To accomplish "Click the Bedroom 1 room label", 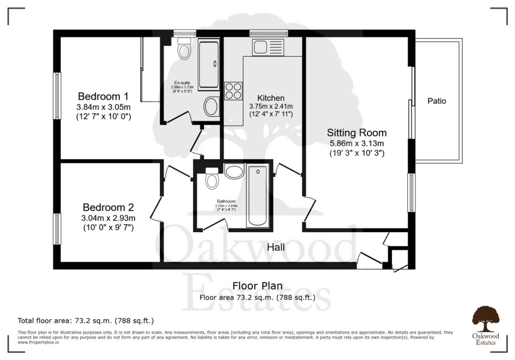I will click(103, 96).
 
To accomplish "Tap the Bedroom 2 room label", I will click(108, 207).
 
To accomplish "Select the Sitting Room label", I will click(357, 133).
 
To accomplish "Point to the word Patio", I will click(437, 101).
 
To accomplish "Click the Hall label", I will click(276, 247).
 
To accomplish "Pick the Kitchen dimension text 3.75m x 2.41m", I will click(271, 107).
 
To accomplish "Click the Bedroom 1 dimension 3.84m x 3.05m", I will click(103, 107).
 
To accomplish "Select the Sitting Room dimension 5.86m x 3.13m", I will click(357, 143).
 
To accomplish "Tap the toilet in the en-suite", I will click(184, 49).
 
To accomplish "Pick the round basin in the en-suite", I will click(211, 107).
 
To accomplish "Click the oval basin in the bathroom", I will click(234, 172).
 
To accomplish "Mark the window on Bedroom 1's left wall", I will click(57, 88).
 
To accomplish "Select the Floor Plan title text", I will click(257, 286).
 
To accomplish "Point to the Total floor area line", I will click(85, 320).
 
